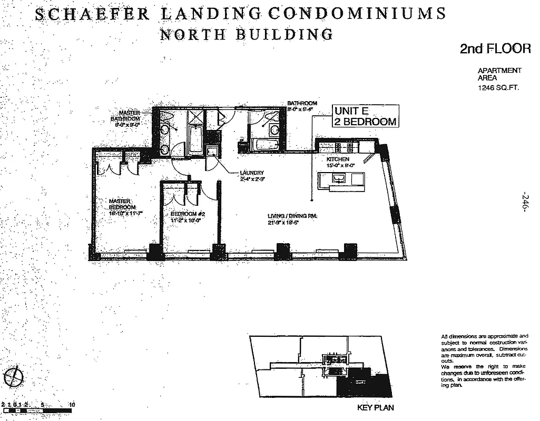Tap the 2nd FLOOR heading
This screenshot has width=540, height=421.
coord(495,49)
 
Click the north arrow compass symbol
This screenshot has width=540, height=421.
coord(16,376)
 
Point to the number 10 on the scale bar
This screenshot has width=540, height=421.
coord(72,405)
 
